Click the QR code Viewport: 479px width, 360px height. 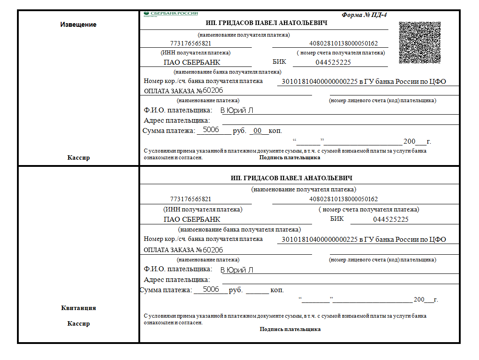[x=420, y=43]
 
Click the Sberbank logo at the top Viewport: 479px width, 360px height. [x=171, y=14]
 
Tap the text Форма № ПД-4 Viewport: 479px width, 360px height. [x=364, y=15]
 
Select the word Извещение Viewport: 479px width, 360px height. [x=78, y=25]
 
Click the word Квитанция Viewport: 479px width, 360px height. [x=78, y=308]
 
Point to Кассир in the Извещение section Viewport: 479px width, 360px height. [x=79, y=157]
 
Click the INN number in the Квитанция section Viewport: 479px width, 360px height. [x=191, y=199]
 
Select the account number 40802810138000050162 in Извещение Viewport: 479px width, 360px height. [x=343, y=44]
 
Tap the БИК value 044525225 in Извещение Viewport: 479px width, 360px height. [x=333, y=62]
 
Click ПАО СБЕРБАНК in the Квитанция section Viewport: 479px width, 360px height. [x=192, y=219]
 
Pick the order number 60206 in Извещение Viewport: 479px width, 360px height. [x=213, y=91]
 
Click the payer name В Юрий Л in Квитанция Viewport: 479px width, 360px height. [x=237, y=270]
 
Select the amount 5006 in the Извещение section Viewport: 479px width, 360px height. [x=211, y=130]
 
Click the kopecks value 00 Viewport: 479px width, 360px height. [x=257, y=131]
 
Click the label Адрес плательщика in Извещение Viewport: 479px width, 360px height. [x=177, y=120]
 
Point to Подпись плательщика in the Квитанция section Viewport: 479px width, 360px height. [x=290, y=329]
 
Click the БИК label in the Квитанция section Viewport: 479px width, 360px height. [x=337, y=219]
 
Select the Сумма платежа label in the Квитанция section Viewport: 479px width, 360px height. [x=166, y=290]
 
